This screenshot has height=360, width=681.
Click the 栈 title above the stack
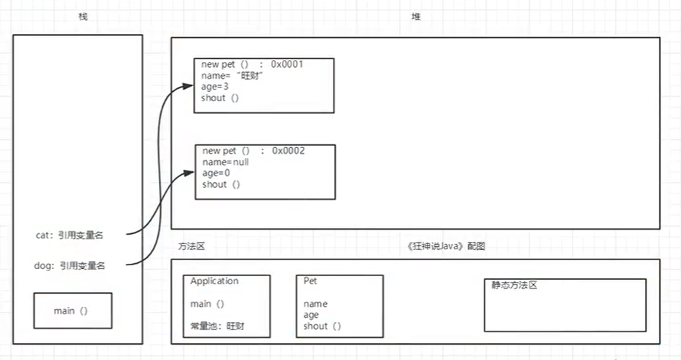[83, 17]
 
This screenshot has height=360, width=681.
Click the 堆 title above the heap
[417, 17]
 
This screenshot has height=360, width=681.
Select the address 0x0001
[287, 64]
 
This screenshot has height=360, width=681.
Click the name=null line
[225, 162]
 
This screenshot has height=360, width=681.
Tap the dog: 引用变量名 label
[70, 266]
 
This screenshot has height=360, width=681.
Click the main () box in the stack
[71, 310]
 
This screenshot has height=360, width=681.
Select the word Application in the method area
[214, 281]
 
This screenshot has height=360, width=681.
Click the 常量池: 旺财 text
[217, 326]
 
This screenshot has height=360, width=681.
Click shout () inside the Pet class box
[321, 326]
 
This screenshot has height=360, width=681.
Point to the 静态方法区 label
[514, 285]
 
